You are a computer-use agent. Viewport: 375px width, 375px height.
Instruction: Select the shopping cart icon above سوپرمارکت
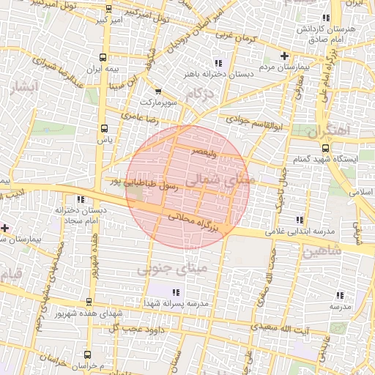pyautogui.click(x=158, y=91)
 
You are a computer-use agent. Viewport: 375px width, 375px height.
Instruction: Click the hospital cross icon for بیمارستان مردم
pyautogui.click(x=285, y=56)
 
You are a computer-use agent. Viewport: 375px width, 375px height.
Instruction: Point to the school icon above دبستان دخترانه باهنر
pyautogui.click(x=218, y=62)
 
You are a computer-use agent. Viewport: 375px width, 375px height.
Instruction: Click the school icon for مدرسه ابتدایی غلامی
pyautogui.click(x=298, y=220)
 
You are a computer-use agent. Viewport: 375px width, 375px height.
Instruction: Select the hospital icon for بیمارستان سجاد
pyautogui.click(x=6, y=228)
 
